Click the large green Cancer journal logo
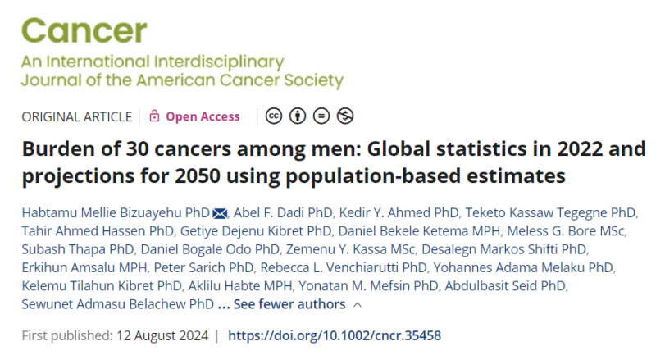coord(84,30)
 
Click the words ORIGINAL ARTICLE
coord(77,116)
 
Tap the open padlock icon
coord(154,116)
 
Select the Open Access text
coord(203,116)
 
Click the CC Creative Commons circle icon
coord(274,116)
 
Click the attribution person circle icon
coord(298,116)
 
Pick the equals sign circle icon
coord(321,116)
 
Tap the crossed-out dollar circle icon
coord(345,116)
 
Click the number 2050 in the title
coord(198,176)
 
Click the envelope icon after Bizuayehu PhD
coord(220,213)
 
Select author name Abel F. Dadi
coord(267,212)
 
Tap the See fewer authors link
coord(289,304)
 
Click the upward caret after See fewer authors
coord(358,305)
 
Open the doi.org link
coord(335,335)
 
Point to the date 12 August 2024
coord(162,335)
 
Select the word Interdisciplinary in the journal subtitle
coord(219,62)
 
